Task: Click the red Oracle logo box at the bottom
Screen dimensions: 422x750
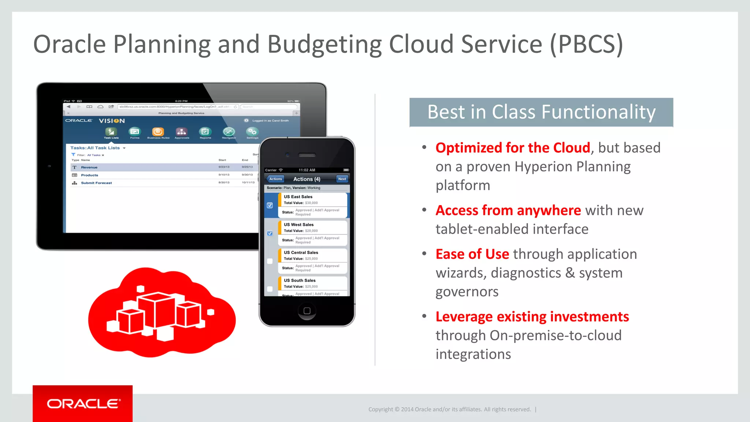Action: click(82, 403)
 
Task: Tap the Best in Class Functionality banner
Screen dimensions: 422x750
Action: click(541, 112)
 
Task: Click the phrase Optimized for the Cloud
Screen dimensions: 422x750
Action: click(513, 148)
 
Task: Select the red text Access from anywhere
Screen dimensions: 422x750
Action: click(508, 210)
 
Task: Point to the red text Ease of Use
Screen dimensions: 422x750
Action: click(472, 254)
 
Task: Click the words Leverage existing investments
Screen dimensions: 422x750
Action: click(532, 316)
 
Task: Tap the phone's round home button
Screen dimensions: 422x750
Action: click(307, 311)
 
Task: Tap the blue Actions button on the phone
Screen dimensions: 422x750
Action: click(275, 179)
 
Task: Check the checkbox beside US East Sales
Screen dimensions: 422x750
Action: click(270, 206)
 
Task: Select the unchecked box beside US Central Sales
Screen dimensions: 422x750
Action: click(270, 261)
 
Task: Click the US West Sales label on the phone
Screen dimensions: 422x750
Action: click(298, 225)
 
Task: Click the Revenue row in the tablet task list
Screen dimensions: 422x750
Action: click(89, 167)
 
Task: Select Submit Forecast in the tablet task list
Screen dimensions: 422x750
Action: click(96, 183)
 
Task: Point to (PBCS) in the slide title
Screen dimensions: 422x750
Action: click(586, 44)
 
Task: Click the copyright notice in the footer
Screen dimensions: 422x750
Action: click(449, 409)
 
